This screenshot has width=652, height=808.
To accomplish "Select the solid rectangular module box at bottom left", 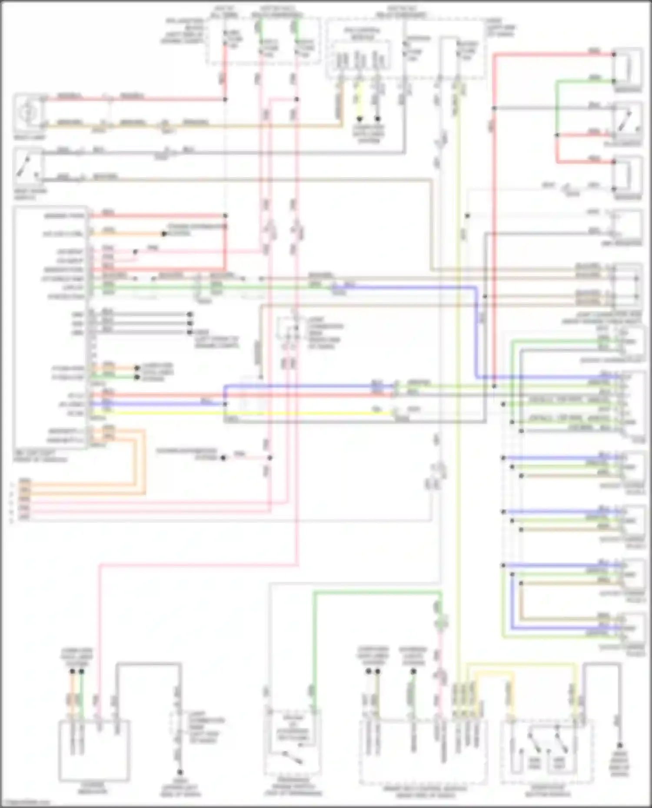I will pyautogui.click(x=94, y=751).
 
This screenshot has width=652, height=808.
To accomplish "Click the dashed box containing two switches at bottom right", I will pyautogui.click(x=547, y=752).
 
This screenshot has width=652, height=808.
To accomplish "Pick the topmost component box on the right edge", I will pyautogui.click(x=627, y=67).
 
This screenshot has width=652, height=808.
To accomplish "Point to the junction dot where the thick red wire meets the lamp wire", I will pyautogui.click(x=225, y=99).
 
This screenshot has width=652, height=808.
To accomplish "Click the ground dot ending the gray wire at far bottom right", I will pyautogui.click(x=620, y=745).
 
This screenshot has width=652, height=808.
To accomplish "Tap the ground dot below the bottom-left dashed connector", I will pyautogui.click(x=179, y=772).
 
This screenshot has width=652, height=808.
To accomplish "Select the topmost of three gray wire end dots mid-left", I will pyautogui.click(x=190, y=314).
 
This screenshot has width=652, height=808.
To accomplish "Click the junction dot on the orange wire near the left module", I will pyautogui.click(x=164, y=234).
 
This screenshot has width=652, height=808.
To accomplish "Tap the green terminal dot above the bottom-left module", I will pyautogui.click(x=81, y=672).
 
